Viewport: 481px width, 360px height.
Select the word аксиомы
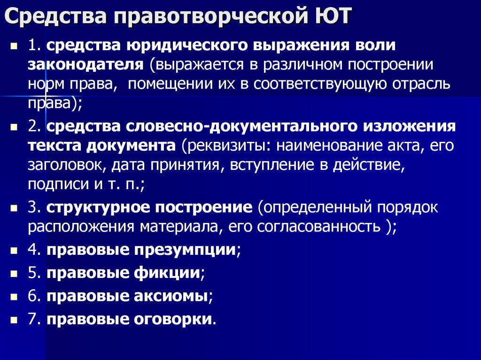[176, 296]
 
